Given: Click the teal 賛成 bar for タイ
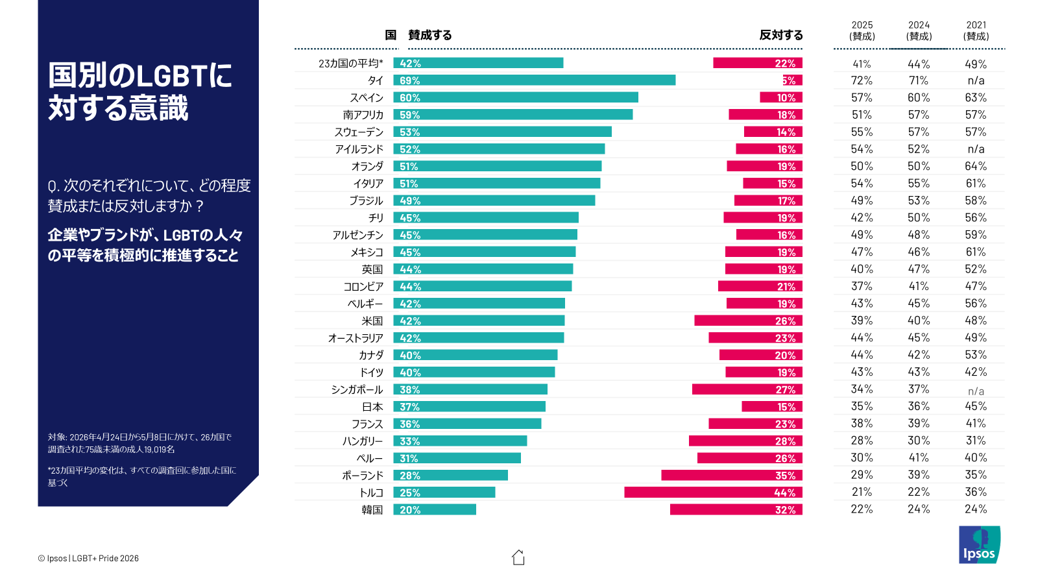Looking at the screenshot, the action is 535,80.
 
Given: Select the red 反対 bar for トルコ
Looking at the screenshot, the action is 713,493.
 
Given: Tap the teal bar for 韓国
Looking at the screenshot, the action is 435,509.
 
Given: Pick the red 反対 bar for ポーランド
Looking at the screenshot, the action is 732,475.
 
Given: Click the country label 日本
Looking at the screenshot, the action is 372,407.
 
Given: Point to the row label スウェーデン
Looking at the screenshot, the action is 359,132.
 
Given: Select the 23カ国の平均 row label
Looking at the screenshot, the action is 351,64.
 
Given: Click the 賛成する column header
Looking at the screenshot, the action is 429,35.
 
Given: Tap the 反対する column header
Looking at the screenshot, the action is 781,35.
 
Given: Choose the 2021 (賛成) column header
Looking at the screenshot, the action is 976,30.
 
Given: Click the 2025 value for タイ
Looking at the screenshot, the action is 862,80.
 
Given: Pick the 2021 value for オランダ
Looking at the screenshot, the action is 976,166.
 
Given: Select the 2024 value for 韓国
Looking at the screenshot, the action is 919,509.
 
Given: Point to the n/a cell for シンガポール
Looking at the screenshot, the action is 976,391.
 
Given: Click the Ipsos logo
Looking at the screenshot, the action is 980,544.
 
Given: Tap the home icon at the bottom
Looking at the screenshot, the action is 518,557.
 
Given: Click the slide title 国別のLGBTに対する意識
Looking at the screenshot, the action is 139,91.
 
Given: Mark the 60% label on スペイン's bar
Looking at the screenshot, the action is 409,98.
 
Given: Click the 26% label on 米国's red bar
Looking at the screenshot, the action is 786,321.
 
